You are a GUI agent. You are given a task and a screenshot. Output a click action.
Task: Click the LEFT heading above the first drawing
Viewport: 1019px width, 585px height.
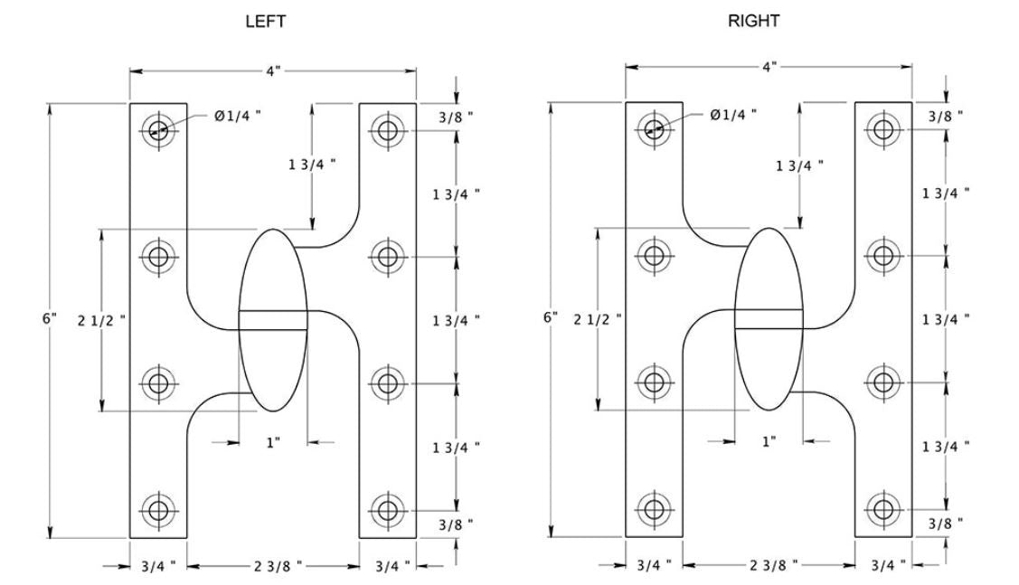click(x=266, y=23)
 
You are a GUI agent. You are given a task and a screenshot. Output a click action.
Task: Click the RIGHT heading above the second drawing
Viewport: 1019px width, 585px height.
click(x=753, y=23)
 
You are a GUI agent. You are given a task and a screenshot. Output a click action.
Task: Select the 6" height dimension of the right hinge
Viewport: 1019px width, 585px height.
click(x=551, y=318)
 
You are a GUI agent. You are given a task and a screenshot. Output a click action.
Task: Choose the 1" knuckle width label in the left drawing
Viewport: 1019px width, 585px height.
click(x=273, y=442)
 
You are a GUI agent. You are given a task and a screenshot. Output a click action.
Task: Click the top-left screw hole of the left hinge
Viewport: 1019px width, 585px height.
click(x=159, y=129)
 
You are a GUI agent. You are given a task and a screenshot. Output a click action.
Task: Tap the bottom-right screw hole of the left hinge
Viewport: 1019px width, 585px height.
click(x=387, y=509)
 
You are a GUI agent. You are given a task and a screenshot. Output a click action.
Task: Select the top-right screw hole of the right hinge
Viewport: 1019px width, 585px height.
click(x=882, y=129)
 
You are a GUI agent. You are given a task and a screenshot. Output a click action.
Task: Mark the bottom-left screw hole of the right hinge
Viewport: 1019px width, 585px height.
click(x=654, y=509)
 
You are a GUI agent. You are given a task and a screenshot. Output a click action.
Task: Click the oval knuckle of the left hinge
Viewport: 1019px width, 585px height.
click(x=273, y=320)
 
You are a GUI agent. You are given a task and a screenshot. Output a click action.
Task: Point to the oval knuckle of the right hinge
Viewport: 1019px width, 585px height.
click(x=769, y=320)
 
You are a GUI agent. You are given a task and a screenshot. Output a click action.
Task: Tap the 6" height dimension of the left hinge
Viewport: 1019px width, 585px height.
click(x=50, y=318)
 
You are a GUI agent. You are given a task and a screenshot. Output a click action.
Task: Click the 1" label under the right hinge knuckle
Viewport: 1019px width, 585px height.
click(x=769, y=441)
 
